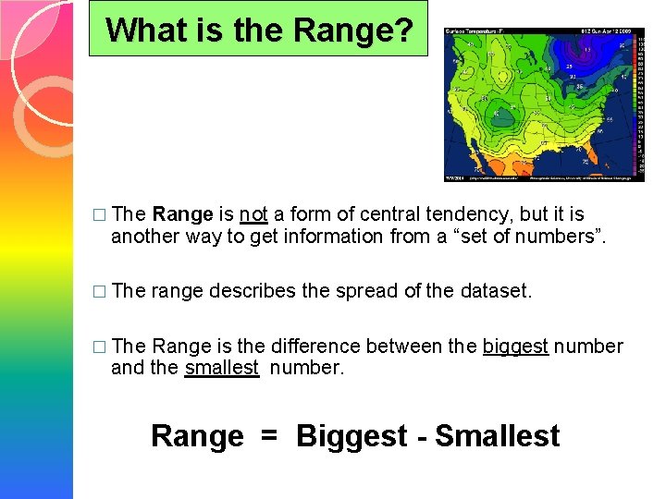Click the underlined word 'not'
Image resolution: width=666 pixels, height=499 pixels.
[253, 214]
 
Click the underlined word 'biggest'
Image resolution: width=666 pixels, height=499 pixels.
[515, 347]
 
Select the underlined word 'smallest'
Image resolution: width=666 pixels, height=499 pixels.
[222, 368]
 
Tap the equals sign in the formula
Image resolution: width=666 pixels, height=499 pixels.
[269, 436]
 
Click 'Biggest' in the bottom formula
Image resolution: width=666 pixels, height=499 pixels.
[351, 436]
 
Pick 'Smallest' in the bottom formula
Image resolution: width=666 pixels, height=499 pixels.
[497, 436]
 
